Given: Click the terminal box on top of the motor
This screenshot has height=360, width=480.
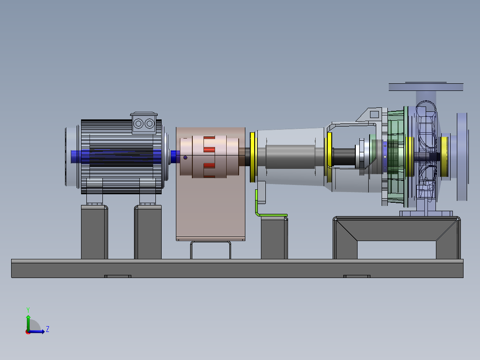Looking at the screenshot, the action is point(144,123).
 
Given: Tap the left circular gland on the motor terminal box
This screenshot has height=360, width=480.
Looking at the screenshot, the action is point(138,124).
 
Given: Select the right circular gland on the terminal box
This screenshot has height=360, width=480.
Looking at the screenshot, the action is point(150,124).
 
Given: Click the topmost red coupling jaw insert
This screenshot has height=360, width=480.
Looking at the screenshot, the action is point(209,138).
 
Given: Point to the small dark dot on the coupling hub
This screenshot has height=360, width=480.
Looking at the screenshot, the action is point(185,157).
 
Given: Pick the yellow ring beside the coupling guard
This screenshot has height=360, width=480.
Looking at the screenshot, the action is point(252,157).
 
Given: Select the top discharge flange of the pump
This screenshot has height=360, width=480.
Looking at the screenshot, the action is point(426,87).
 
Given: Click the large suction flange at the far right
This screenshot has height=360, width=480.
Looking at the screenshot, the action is point(462,157).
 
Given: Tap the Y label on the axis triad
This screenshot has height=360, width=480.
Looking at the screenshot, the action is point(28,310).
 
